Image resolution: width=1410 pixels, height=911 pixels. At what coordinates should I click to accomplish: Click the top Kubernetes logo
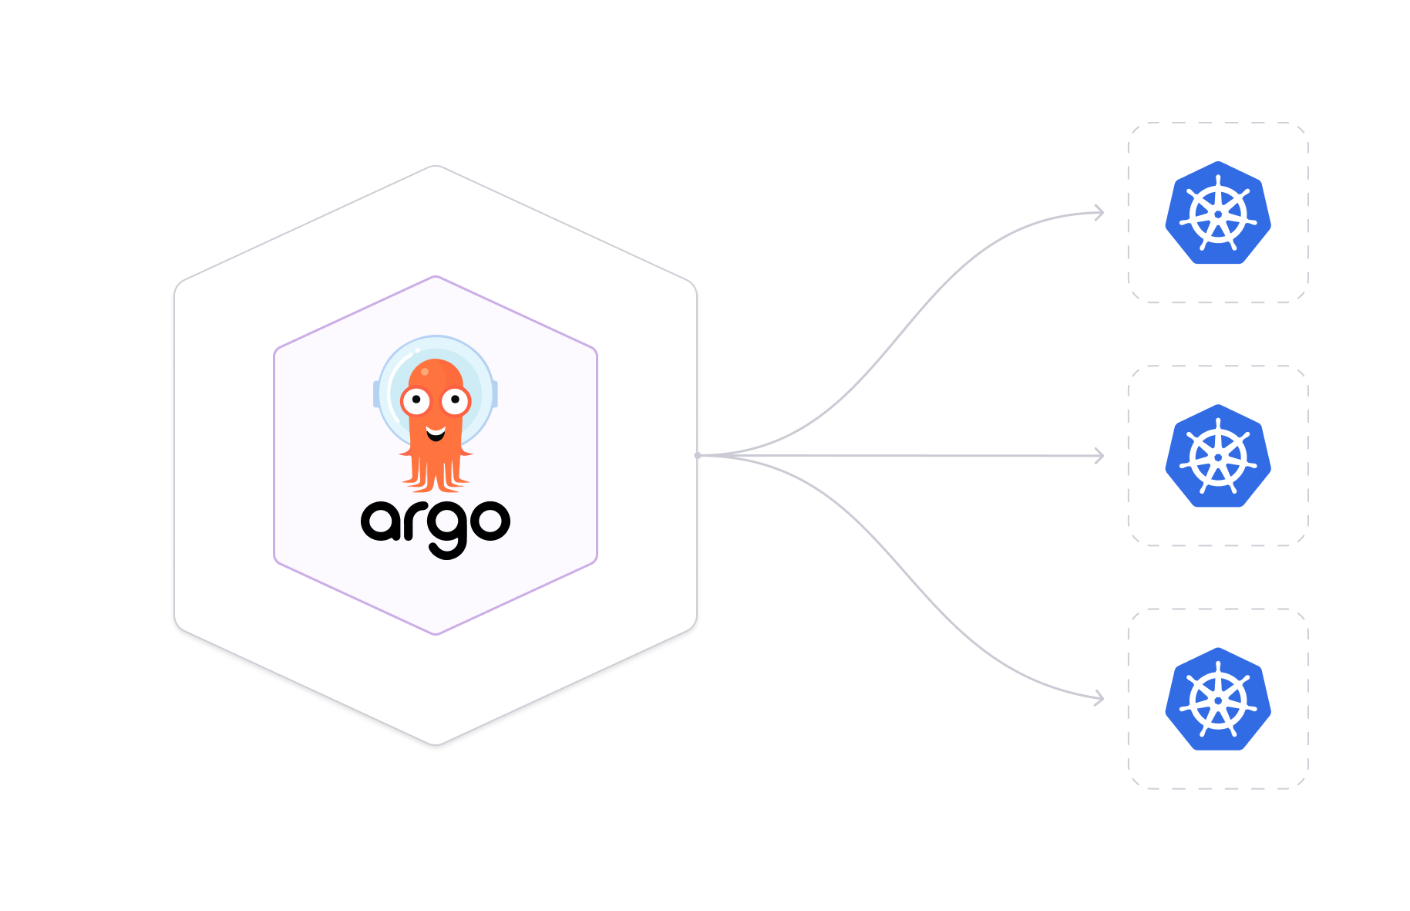coord(1218,213)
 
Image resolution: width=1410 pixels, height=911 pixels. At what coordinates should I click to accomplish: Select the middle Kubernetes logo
coord(1218,456)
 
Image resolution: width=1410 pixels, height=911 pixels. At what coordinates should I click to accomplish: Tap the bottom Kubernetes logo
coord(1218,699)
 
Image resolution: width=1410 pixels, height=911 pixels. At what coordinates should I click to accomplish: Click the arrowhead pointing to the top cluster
coord(1100,212)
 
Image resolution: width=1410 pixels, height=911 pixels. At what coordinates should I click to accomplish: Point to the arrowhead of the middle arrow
coord(1100,456)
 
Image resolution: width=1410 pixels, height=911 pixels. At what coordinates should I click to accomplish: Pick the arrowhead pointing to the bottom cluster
coord(1100,699)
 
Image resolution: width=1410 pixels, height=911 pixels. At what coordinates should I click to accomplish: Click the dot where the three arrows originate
coord(698,455)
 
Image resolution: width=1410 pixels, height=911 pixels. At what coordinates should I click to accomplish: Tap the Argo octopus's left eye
coord(416,400)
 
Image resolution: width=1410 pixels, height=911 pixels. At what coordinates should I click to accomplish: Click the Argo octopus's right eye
coord(456,400)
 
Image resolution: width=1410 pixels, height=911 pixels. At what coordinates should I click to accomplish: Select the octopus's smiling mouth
coord(436,434)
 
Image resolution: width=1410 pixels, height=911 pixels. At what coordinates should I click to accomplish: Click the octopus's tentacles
coord(436,472)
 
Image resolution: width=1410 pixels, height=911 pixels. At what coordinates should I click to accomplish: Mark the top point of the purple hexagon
coord(436,276)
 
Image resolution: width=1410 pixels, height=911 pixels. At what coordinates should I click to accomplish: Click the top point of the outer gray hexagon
coord(436,166)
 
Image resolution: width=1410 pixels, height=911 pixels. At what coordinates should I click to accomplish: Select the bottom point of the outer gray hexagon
coord(436,744)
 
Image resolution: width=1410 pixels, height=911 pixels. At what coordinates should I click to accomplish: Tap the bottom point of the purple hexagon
coord(436,634)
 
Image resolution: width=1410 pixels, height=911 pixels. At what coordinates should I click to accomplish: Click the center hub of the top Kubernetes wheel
coord(1218,214)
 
